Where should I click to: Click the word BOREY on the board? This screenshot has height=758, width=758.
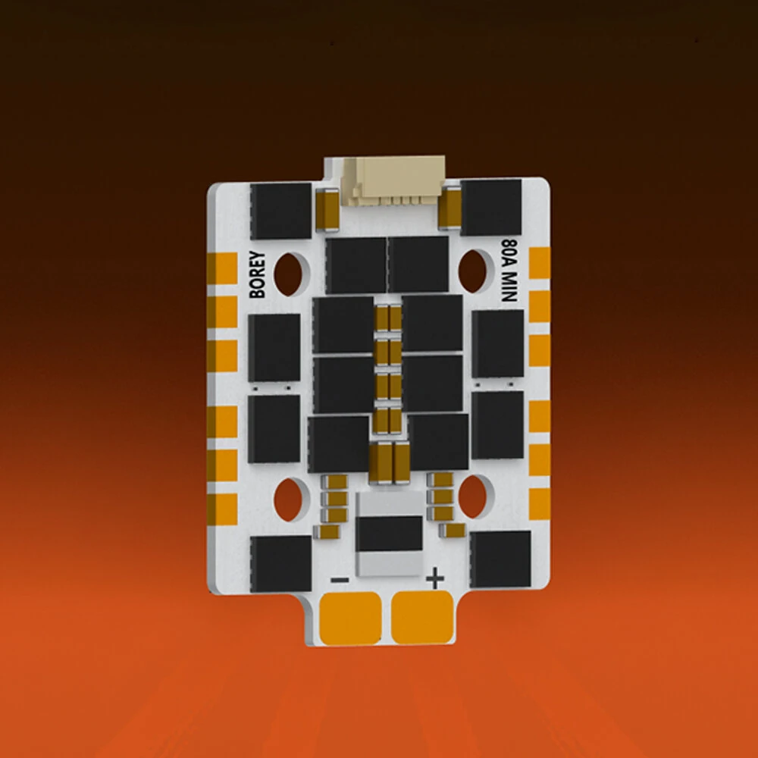pos(258,274)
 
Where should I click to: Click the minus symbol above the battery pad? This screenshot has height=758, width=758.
pos(340,581)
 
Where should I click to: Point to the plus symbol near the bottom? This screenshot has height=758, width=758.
pos(434,580)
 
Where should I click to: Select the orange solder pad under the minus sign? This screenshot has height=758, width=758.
pos(351,617)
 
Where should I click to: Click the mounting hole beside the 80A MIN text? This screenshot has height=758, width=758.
pos(475,271)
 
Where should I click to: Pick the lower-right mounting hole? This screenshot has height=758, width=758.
pos(474,496)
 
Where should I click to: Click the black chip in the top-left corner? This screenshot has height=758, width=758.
pos(280,210)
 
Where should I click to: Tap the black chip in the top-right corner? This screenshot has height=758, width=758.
pos(491,207)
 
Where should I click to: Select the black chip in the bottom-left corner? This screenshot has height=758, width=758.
pos(280,563)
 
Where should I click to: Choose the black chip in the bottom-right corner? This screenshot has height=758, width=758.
pos(500,559)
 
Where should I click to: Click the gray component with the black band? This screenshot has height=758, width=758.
pos(389,533)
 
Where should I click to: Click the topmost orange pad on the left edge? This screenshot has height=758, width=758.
pos(222,267)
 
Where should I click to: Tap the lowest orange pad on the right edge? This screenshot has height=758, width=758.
pos(539,503)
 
